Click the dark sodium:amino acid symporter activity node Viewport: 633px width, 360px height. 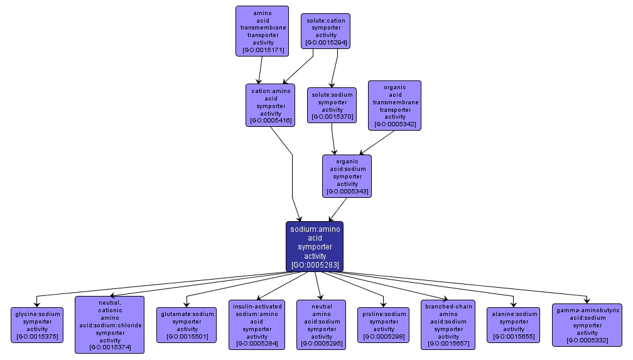[x=315, y=246]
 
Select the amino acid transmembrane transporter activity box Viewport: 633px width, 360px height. [x=262, y=31]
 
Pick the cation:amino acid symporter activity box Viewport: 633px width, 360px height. [x=271, y=105]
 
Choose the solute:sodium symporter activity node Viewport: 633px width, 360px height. [x=332, y=105]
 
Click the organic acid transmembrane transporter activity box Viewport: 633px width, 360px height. [x=394, y=105]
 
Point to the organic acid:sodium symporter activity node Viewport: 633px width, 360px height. [x=347, y=176]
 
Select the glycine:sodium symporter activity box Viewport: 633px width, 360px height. [x=37, y=325]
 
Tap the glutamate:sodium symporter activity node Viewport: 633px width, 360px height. [x=187, y=325]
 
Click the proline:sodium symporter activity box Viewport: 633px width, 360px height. [x=384, y=325]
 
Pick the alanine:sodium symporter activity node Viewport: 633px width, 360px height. [x=514, y=325]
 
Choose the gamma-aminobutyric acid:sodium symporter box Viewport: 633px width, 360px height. [x=587, y=325]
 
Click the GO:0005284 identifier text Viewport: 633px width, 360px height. [x=257, y=344]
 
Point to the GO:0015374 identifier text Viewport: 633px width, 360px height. [x=110, y=347]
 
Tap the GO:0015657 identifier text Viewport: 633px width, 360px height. [x=448, y=344]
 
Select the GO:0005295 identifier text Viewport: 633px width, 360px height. [x=321, y=344]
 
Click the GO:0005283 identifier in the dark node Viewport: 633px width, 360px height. [x=315, y=265]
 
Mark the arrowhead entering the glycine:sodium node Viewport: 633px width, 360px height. [x=37, y=304]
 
